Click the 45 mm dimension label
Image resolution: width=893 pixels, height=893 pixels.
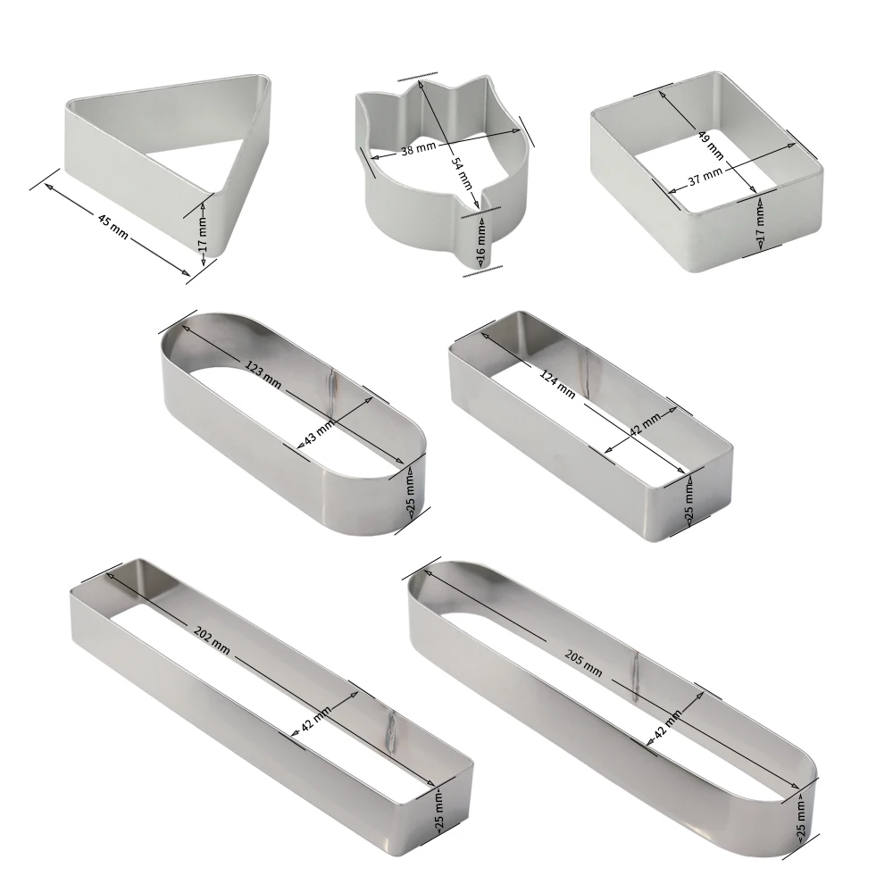[x=113, y=226]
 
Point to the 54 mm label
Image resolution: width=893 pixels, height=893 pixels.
[x=462, y=172]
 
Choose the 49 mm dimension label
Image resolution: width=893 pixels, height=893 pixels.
[x=712, y=145]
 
